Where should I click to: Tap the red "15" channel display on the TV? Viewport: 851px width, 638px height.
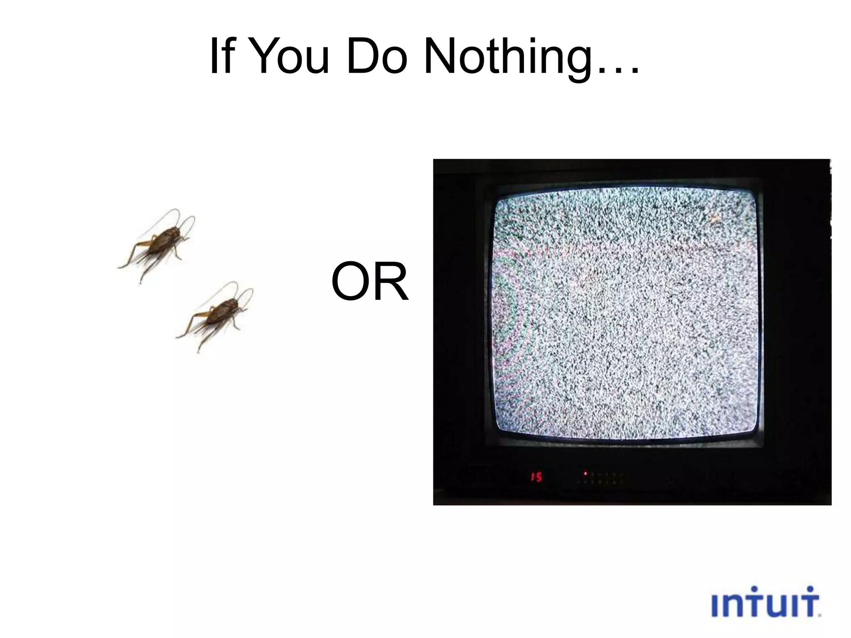pyautogui.click(x=536, y=477)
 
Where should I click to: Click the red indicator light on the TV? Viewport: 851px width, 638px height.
pyautogui.click(x=585, y=473)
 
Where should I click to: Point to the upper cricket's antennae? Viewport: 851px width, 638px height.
pyautogui.click(x=183, y=220)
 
